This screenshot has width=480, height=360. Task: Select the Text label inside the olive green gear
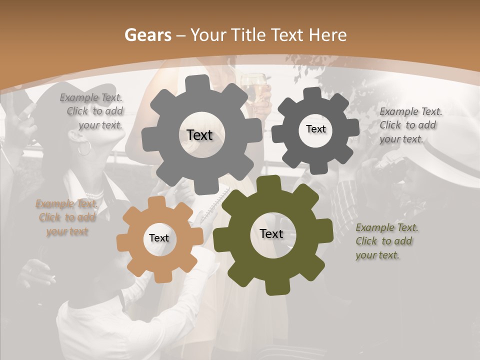[271, 233]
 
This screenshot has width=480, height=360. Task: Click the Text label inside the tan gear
[159, 238]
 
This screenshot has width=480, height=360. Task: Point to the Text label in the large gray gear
[199, 135]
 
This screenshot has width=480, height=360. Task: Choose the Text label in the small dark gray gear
[315, 129]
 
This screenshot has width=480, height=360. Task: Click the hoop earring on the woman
[84, 147]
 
